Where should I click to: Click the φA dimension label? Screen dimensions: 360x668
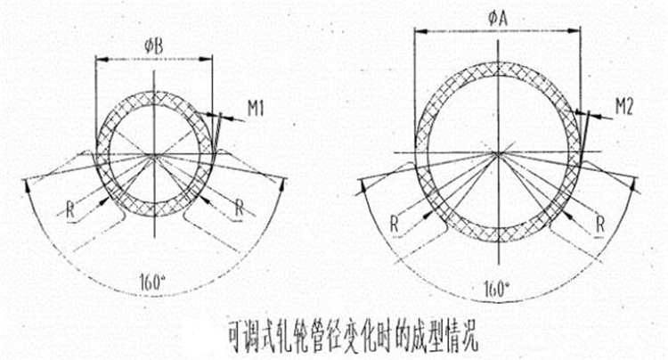(498, 16)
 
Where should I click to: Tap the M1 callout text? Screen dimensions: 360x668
(257, 110)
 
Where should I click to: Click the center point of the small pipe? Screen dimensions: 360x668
(154, 156)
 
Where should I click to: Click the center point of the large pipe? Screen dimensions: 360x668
(497, 153)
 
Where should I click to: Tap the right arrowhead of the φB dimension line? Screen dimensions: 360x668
(209, 59)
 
